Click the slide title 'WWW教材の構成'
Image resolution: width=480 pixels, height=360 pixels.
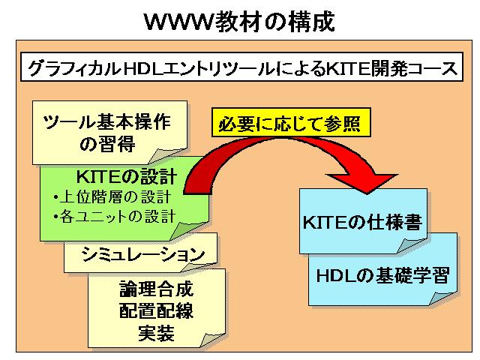[239, 22]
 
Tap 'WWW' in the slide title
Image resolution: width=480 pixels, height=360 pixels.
[179, 22]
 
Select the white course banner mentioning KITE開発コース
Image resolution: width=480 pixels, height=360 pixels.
[241, 67]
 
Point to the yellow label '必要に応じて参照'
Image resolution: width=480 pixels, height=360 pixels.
[291, 122]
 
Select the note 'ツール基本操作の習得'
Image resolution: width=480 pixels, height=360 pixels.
[109, 133]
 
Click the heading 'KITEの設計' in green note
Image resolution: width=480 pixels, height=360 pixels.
[127, 177]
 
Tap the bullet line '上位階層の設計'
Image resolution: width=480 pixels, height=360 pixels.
[112, 196]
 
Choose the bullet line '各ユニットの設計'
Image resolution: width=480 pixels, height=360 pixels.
[114, 216]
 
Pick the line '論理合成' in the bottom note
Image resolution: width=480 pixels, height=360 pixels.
[156, 289]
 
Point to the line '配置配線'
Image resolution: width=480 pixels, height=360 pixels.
[156, 310]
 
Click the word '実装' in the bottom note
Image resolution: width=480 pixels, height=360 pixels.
[156, 333]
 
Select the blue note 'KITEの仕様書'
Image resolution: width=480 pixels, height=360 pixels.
[363, 221]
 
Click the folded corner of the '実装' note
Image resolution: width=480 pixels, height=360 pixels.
[212, 340]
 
